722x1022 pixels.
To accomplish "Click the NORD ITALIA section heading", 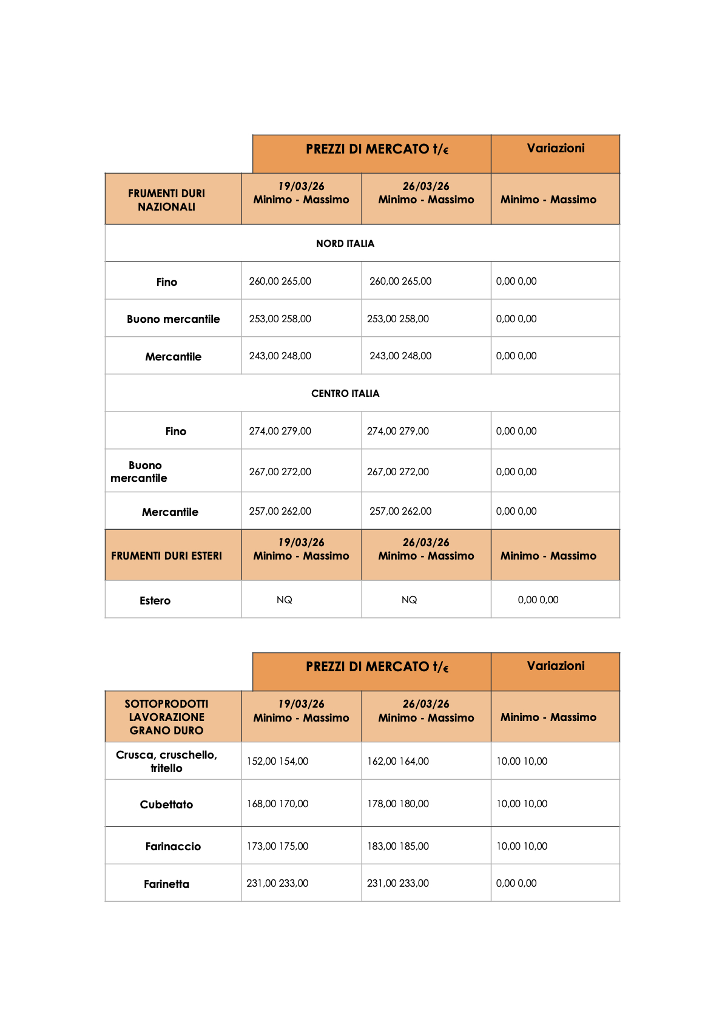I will click(345, 243).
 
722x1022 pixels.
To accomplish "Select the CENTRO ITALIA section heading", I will click(345, 393).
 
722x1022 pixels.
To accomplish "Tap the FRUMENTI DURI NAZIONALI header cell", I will click(166, 200).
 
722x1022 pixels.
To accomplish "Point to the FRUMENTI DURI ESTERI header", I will click(166, 555).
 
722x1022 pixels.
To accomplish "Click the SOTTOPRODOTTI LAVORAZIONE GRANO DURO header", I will click(166, 717).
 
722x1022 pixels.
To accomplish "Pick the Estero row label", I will click(155, 600).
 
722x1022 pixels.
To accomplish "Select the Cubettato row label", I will click(166, 804).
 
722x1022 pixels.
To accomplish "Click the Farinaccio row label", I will click(173, 846).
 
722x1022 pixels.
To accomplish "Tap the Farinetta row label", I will click(166, 884).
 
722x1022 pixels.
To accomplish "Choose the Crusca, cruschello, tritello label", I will click(166, 761).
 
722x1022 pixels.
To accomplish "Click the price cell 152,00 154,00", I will click(277, 761).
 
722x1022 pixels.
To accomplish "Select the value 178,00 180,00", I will click(397, 804).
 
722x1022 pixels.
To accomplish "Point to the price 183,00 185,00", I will click(397, 846).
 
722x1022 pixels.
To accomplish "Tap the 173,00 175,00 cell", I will click(277, 846).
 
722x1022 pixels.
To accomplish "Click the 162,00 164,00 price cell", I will click(397, 761).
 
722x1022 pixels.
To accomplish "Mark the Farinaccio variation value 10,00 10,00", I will click(521, 846).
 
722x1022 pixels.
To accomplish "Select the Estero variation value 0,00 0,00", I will click(538, 600).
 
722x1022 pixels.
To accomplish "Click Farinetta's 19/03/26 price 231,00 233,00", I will click(277, 883).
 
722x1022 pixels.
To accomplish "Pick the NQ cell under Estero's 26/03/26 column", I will click(409, 600).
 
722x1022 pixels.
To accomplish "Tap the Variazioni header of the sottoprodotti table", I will click(555, 666).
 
